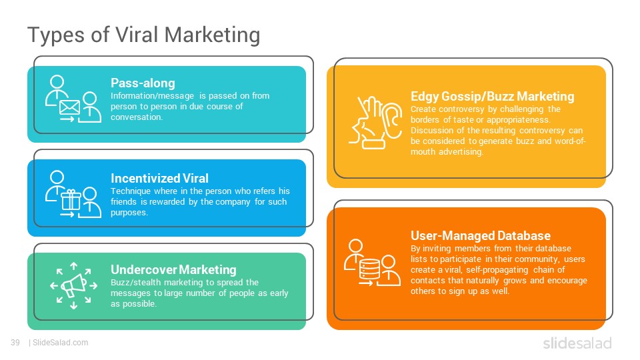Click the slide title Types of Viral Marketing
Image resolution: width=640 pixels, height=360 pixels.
[144, 35]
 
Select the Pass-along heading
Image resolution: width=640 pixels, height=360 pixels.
[143, 83]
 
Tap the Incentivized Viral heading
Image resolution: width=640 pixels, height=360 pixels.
[159, 178]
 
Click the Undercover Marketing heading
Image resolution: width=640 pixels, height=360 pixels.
[173, 269]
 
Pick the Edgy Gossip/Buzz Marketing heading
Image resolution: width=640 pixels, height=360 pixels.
[492, 96]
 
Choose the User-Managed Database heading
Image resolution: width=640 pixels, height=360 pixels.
[481, 235]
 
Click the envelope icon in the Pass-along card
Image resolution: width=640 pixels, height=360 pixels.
[69, 107]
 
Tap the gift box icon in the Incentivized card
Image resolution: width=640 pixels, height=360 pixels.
[71, 199]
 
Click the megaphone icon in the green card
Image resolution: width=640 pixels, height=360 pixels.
[74, 285]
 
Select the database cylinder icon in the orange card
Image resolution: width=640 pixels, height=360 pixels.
[369, 269]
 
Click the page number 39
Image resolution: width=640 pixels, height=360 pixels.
[15, 343]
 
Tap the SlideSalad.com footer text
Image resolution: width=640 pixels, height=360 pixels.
[60, 343]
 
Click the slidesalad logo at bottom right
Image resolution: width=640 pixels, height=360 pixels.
[577, 343]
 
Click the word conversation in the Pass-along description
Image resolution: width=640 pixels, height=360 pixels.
[136, 117]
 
